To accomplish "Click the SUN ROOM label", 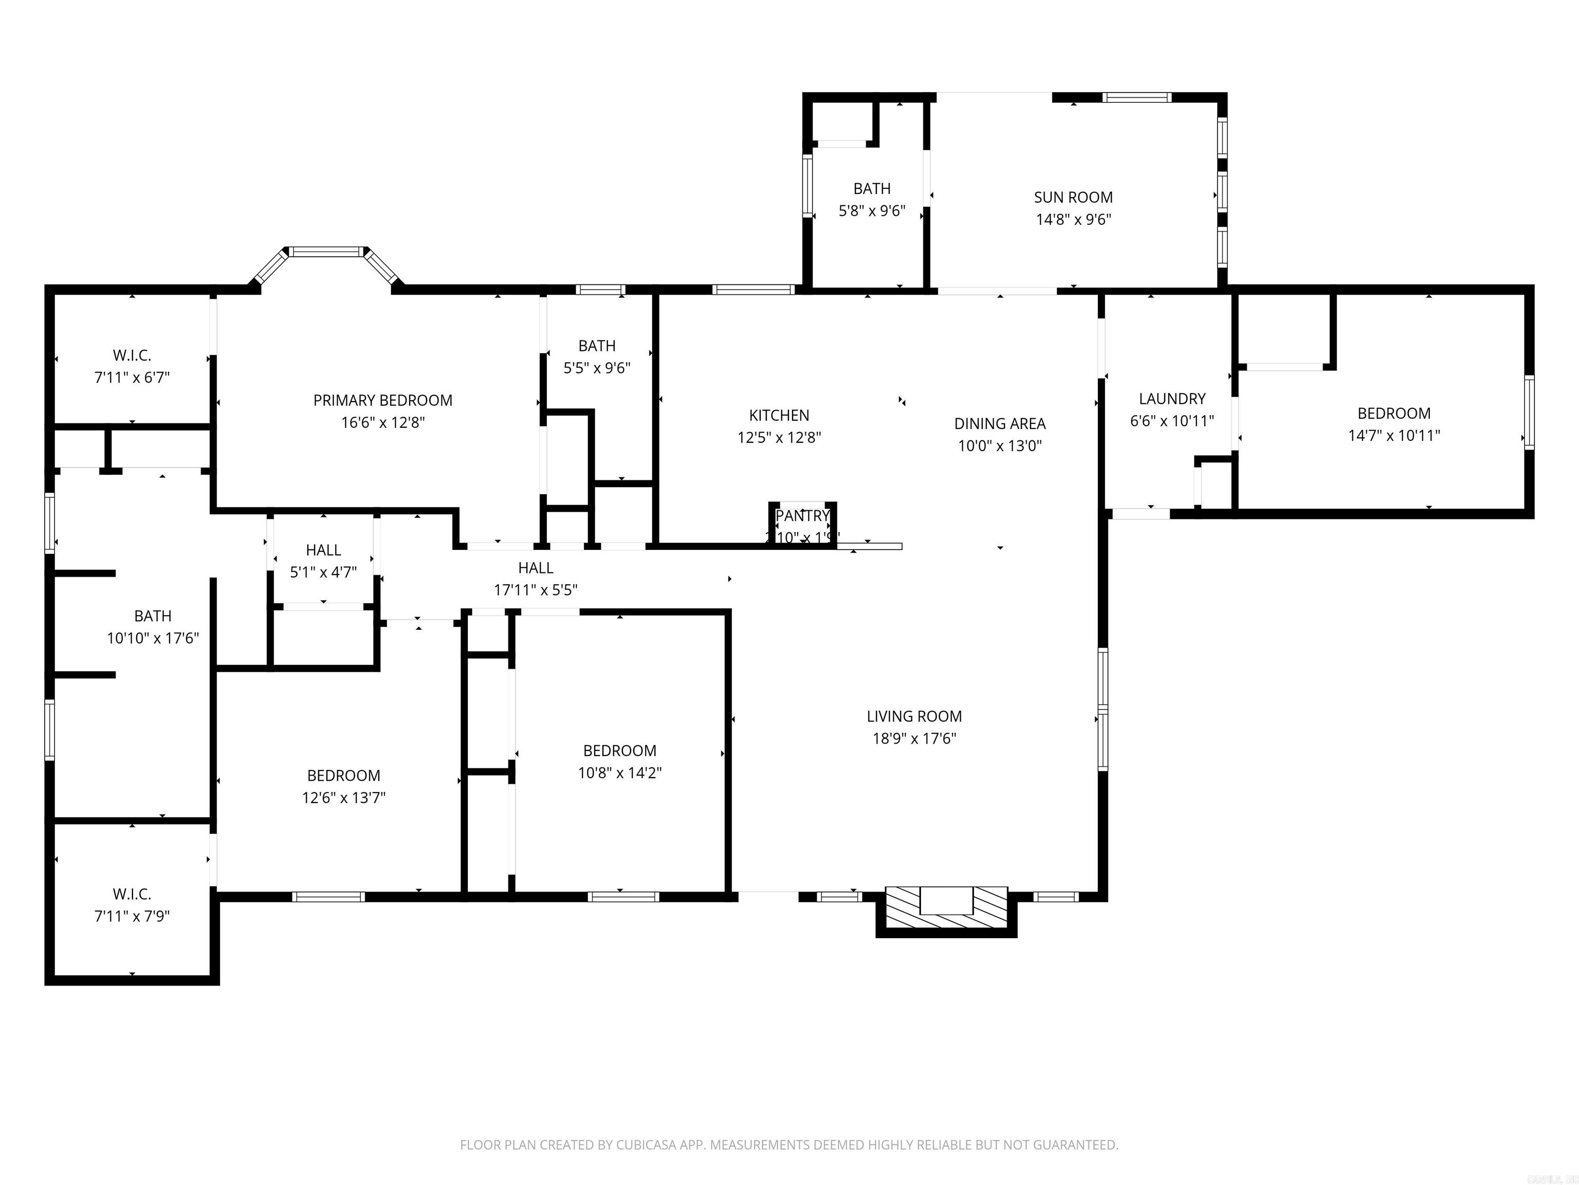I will click(x=1073, y=197).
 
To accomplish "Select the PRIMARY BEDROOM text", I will click(x=382, y=400).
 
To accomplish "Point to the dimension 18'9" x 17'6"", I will click(x=914, y=739).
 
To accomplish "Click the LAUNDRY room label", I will click(x=1171, y=399).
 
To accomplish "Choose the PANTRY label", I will click(x=802, y=516).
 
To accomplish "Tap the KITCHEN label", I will click(x=779, y=415).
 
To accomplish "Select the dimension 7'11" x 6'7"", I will click(x=132, y=377).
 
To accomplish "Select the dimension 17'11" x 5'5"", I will click(x=536, y=590).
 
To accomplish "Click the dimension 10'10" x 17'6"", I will click(x=153, y=638).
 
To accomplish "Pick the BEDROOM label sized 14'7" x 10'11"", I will click(x=1393, y=413).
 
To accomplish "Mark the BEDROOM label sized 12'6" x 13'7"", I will click(x=343, y=775).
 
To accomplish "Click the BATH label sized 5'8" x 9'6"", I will click(x=872, y=189).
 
